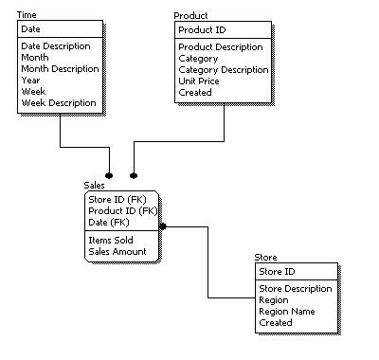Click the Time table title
click(28, 16)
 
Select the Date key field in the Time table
click(31, 30)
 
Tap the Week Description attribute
click(58, 102)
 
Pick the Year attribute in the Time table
click(31, 80)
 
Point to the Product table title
click(191, 16)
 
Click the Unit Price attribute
click(201, 81)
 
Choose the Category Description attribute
click(223, 69)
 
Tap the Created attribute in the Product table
click(196, 92)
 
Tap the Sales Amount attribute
click(117, 252)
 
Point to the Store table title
click(266, 258)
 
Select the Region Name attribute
click(288, 311)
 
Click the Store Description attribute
click(296, 288)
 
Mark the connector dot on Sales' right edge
click(163, 227)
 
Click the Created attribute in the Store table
click(276, 322)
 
